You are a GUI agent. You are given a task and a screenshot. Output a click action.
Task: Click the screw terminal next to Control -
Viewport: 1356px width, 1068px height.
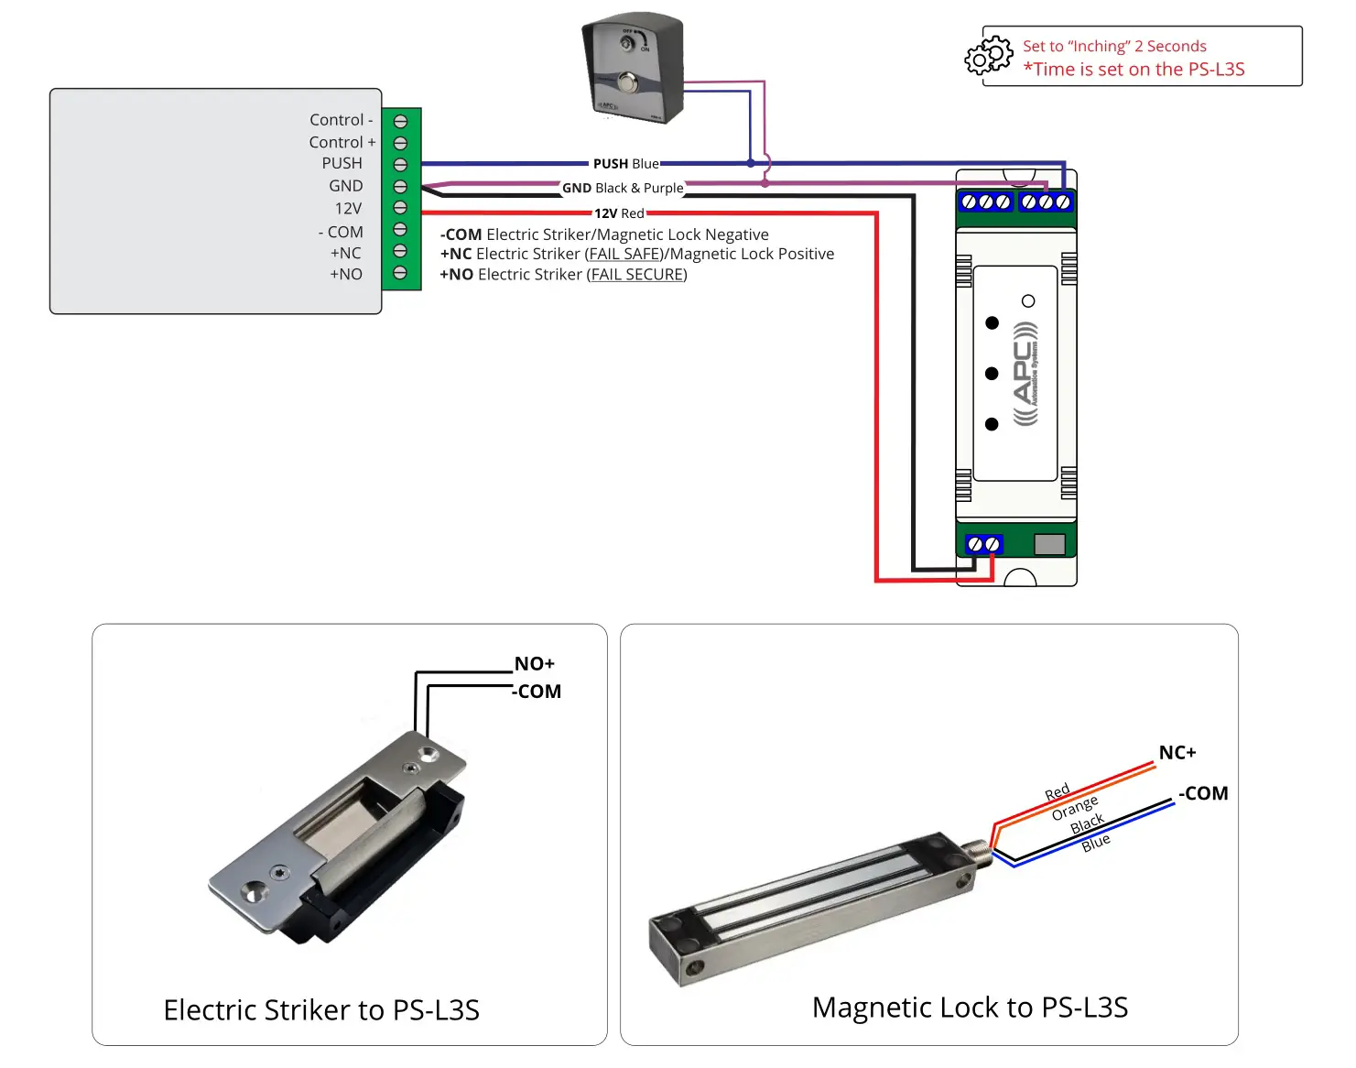pos(400,121)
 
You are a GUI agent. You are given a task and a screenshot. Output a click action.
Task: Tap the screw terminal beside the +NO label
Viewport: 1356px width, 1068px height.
pos(400,273)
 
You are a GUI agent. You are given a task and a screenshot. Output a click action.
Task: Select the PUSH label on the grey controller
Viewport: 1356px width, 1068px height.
pos(342,163)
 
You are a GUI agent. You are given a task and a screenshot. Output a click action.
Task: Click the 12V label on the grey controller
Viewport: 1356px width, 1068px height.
pos(348,208)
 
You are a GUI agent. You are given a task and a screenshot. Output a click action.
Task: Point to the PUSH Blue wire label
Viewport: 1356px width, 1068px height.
pos(625,164)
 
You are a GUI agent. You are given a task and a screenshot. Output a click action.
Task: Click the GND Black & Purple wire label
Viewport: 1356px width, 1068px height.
pos(623,188)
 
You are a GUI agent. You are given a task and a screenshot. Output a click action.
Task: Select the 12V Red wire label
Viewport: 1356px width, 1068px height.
pos(619,213)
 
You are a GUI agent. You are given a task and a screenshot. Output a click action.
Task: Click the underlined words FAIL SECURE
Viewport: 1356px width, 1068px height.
pos(637,274)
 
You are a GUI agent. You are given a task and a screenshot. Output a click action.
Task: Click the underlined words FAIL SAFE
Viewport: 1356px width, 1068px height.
pos(625,254)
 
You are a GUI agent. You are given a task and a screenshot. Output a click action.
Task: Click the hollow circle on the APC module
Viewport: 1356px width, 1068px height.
pos(1028,301)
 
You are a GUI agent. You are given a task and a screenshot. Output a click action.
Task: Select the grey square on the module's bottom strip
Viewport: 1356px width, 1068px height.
pos(1049,544)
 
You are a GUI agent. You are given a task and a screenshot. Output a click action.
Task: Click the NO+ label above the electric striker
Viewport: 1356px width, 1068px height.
pos(535,663)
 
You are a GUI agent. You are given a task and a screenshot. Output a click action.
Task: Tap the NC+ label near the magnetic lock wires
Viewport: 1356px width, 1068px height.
pos(1177,752)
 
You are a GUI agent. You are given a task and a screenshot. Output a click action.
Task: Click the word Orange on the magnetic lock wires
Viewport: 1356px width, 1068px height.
pos(1074,808)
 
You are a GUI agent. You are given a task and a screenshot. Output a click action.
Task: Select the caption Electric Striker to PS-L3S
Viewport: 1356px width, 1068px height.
pos(321,1009)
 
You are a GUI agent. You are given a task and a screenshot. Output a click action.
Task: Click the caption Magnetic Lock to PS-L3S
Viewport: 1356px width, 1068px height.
pos(970,1007)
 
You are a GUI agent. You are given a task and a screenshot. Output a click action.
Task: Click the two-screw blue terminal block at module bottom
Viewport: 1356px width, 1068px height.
pos(984,544)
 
